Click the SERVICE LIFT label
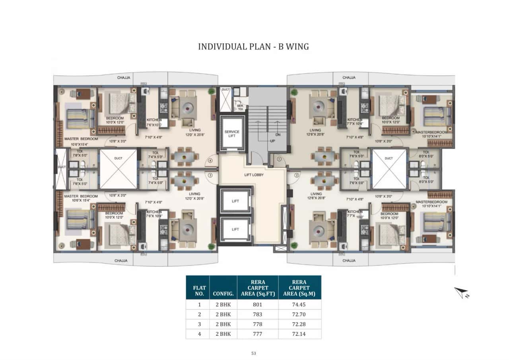[x=232, y=134]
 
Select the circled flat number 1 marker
[x=279, y=159]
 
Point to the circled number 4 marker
[x=211, y=161]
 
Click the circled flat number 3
[x=211, y=175]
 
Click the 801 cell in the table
[x=257, y=305]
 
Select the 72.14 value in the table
[x=299, y=334]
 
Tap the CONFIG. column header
[x=223, y=295]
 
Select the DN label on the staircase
[x=278, y=134]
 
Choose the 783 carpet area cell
[x=257, y=314]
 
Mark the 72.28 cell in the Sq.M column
[x=299, y=324]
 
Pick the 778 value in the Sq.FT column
[x=257, y=324]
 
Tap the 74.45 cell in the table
[x=299, y=305]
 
